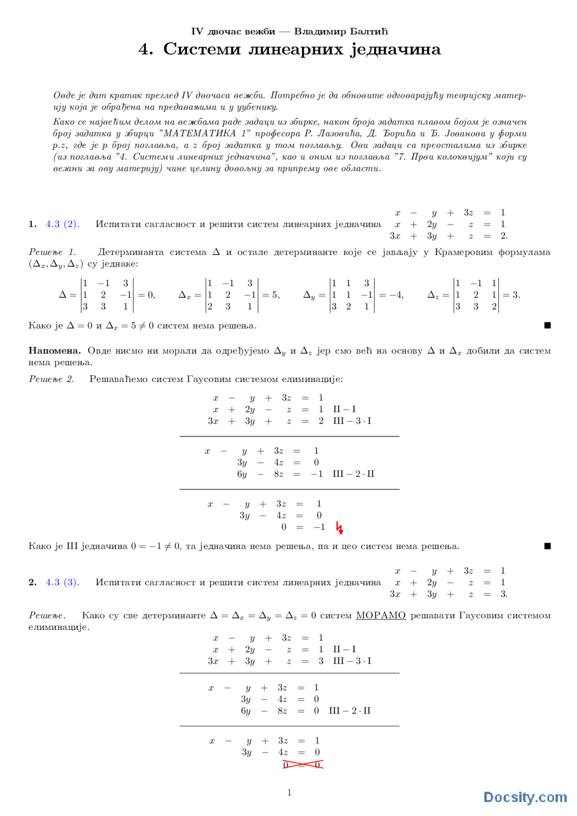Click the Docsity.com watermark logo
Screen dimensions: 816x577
click(x=525, y=797)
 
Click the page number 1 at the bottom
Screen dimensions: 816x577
click(x=289, y=793)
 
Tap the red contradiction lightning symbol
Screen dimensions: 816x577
click(x=340, y=528)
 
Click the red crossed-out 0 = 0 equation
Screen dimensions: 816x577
click(x=302, y=765)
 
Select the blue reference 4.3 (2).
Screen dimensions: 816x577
click(x=62, y=224)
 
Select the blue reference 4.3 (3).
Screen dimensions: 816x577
click(x=62, y=582)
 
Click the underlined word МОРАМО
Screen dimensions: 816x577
click(x=380, y=615)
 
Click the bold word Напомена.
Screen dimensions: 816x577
click(x=55, y=351)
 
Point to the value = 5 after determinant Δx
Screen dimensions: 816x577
click(x=271, y=295)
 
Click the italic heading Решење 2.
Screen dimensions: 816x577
click(x=51, y=379)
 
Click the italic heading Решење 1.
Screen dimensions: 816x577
click(x=52, y=252)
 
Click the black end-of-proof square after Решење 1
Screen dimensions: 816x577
click(x=547, y=325)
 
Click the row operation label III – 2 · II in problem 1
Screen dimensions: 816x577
click(x=353, y=474)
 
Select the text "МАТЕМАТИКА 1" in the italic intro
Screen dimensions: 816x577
click(x=200, y=133)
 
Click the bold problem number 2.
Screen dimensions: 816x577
click(x=32, y=582)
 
